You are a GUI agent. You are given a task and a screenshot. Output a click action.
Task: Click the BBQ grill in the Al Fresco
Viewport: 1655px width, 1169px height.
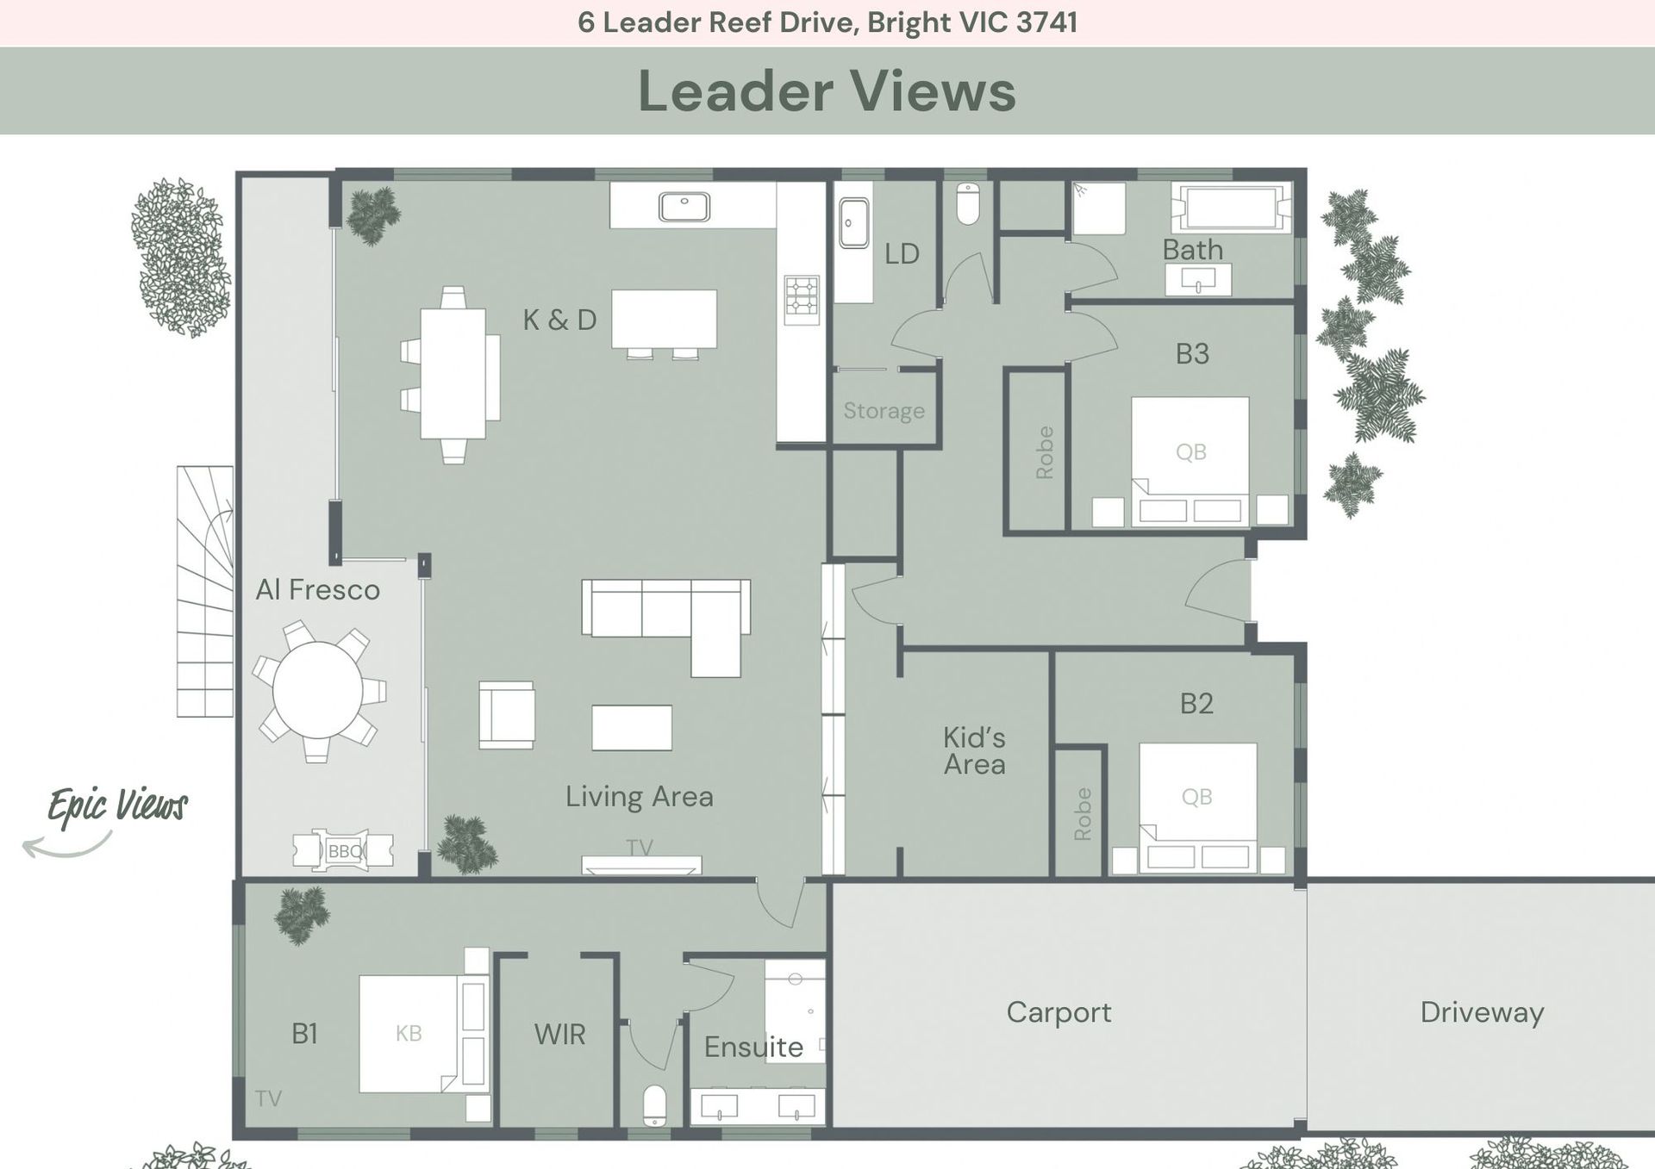click(343, 850)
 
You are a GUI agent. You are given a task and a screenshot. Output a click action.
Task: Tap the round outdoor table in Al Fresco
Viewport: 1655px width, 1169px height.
click(318, 691)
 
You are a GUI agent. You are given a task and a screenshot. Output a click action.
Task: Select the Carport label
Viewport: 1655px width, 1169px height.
click(1059, 1012)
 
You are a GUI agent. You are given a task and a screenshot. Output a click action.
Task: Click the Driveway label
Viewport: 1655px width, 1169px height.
click(1482, 1012)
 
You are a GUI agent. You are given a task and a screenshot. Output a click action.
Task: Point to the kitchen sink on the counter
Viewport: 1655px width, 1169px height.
click(684, 207)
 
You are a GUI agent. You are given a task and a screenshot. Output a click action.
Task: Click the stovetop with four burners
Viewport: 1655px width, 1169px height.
click(801, 300)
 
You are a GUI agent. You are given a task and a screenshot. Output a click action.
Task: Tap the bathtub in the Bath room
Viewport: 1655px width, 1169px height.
click(1232, 207)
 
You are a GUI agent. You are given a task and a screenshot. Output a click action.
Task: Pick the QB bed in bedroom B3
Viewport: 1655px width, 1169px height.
click(1190, 461)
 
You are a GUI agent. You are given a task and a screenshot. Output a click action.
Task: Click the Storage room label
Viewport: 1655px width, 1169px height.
click(884, 411)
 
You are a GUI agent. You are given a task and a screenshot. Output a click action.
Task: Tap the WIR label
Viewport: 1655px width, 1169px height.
click(559, 1034)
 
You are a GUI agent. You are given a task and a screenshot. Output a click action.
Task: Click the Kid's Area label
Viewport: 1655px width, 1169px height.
click(974, 751)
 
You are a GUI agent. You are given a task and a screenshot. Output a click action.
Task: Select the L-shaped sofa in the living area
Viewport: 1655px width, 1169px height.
click(665, 627)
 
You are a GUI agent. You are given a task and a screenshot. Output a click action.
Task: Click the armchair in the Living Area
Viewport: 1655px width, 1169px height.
click(507, 715)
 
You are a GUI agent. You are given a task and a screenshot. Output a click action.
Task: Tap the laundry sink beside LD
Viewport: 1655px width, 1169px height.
click(853, 223)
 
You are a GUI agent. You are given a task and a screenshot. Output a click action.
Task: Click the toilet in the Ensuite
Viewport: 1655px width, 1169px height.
click(655, 1105)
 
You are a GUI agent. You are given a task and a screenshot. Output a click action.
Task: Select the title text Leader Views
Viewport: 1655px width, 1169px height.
click(827, 91)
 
